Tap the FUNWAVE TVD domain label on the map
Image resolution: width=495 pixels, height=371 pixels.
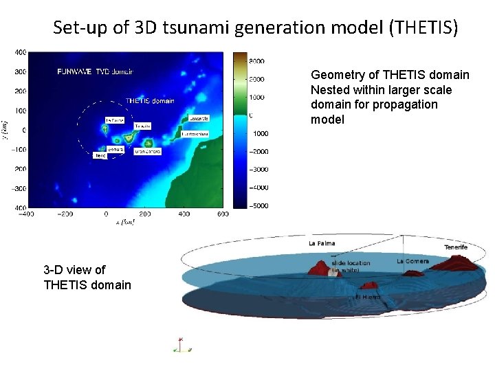(96, 71)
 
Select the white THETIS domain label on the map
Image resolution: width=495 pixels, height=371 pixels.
(150, 101)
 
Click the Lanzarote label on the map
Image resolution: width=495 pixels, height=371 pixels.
(196, 118)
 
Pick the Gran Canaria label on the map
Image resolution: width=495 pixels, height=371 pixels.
(147, 151)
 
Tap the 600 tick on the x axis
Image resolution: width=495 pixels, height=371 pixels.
(222, 214)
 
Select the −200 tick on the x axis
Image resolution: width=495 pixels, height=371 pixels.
(65, 214)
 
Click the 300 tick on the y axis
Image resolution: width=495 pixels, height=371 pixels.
(21, 71)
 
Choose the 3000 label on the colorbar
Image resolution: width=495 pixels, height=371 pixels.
(258, 61)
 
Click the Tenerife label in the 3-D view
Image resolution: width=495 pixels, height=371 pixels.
(456, 247)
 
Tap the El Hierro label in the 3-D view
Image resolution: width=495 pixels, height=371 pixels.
(368, 297)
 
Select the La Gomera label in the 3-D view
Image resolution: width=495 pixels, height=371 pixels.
(412, 261)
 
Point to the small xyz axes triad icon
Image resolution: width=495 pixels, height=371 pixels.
(180, 345)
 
